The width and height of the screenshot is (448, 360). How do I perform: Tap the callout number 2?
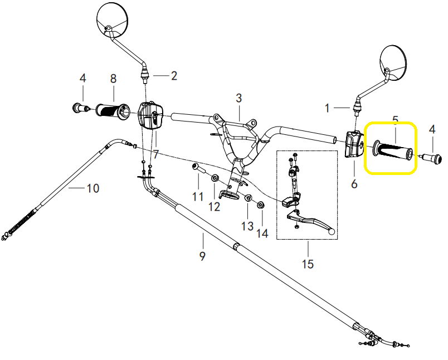[174, 75]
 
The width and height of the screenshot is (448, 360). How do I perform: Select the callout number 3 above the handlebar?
[238, 99]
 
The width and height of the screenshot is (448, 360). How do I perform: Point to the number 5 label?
[395, 120]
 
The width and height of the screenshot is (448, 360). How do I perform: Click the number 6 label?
[354, 183]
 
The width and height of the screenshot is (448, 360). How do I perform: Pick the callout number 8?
[113, 79]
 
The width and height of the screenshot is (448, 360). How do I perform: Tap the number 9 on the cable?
[202, 256]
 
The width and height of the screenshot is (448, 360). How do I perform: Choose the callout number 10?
[92, 188]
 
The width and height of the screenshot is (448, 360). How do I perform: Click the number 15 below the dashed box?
[308, 263]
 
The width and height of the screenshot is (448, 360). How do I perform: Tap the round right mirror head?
[397, 60]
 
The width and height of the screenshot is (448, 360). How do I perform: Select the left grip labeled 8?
[113, 110]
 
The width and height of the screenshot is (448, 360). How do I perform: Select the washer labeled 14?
[260, 206]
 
